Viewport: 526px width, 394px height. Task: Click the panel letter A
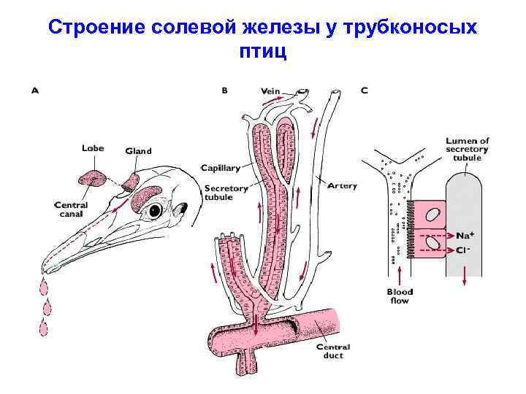coord(34,91)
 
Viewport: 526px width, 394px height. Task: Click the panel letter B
coord(225,91)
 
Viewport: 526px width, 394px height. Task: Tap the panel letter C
coord(365,91)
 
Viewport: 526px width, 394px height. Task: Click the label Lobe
coord(93,148)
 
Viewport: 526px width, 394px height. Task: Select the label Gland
coord(138,151)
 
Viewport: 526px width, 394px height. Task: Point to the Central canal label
coord(72,210)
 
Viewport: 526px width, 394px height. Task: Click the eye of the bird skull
coord(155,210)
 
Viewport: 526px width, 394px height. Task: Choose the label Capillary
coord(221,168)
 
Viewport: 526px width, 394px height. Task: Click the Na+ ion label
coord(465,236)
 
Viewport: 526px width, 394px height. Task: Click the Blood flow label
coord(400,296)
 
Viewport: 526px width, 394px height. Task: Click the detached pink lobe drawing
coord(92,178)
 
